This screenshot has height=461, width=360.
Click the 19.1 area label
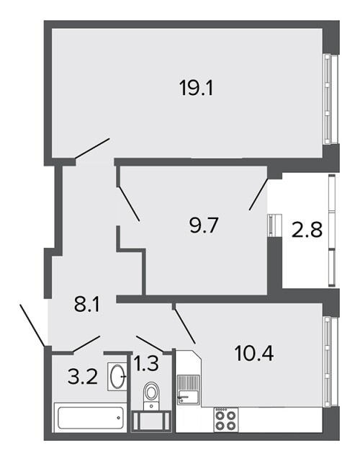coord(196,88)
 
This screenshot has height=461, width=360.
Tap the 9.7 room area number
coord(203,226)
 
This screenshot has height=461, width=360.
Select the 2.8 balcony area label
coord(307,230)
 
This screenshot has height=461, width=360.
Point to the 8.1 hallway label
coord(87,305)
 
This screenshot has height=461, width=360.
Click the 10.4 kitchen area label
coord(254,353)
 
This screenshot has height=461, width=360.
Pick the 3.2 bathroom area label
coord(82,377)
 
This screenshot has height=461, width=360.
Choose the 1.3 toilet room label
coord(146,363)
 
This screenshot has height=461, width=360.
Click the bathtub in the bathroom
coord(91,418)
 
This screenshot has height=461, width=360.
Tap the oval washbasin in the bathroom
coord(117,377)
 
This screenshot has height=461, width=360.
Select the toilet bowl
coord(151,395)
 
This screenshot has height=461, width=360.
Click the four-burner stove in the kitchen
coord(225,420)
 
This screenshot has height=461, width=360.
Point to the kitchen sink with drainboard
coord(189,390)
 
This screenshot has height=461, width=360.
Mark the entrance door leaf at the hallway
coord(32,325)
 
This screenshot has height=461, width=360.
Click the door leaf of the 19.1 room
coord(92,148)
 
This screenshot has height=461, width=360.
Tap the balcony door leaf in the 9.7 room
coord(258,194)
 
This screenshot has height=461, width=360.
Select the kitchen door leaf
coord(185,326)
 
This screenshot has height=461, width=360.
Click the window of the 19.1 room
coord(330,99)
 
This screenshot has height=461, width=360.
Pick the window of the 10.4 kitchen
coord(330,361)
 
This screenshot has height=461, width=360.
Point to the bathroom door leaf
coord(86,344)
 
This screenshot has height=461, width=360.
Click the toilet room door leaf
coord(150,344)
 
